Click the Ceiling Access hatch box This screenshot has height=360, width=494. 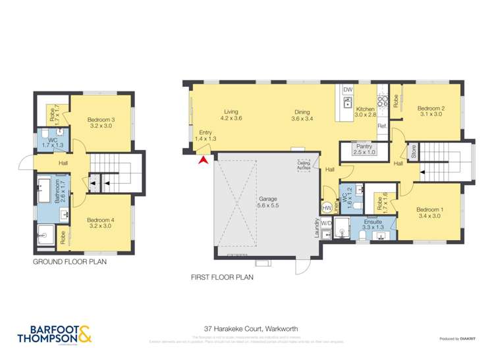pos(303,165)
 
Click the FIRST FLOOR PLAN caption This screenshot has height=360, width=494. pos(221,278)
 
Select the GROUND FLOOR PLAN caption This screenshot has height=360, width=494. pos(70,261)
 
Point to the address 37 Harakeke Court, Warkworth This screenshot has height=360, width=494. pos(246,326)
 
